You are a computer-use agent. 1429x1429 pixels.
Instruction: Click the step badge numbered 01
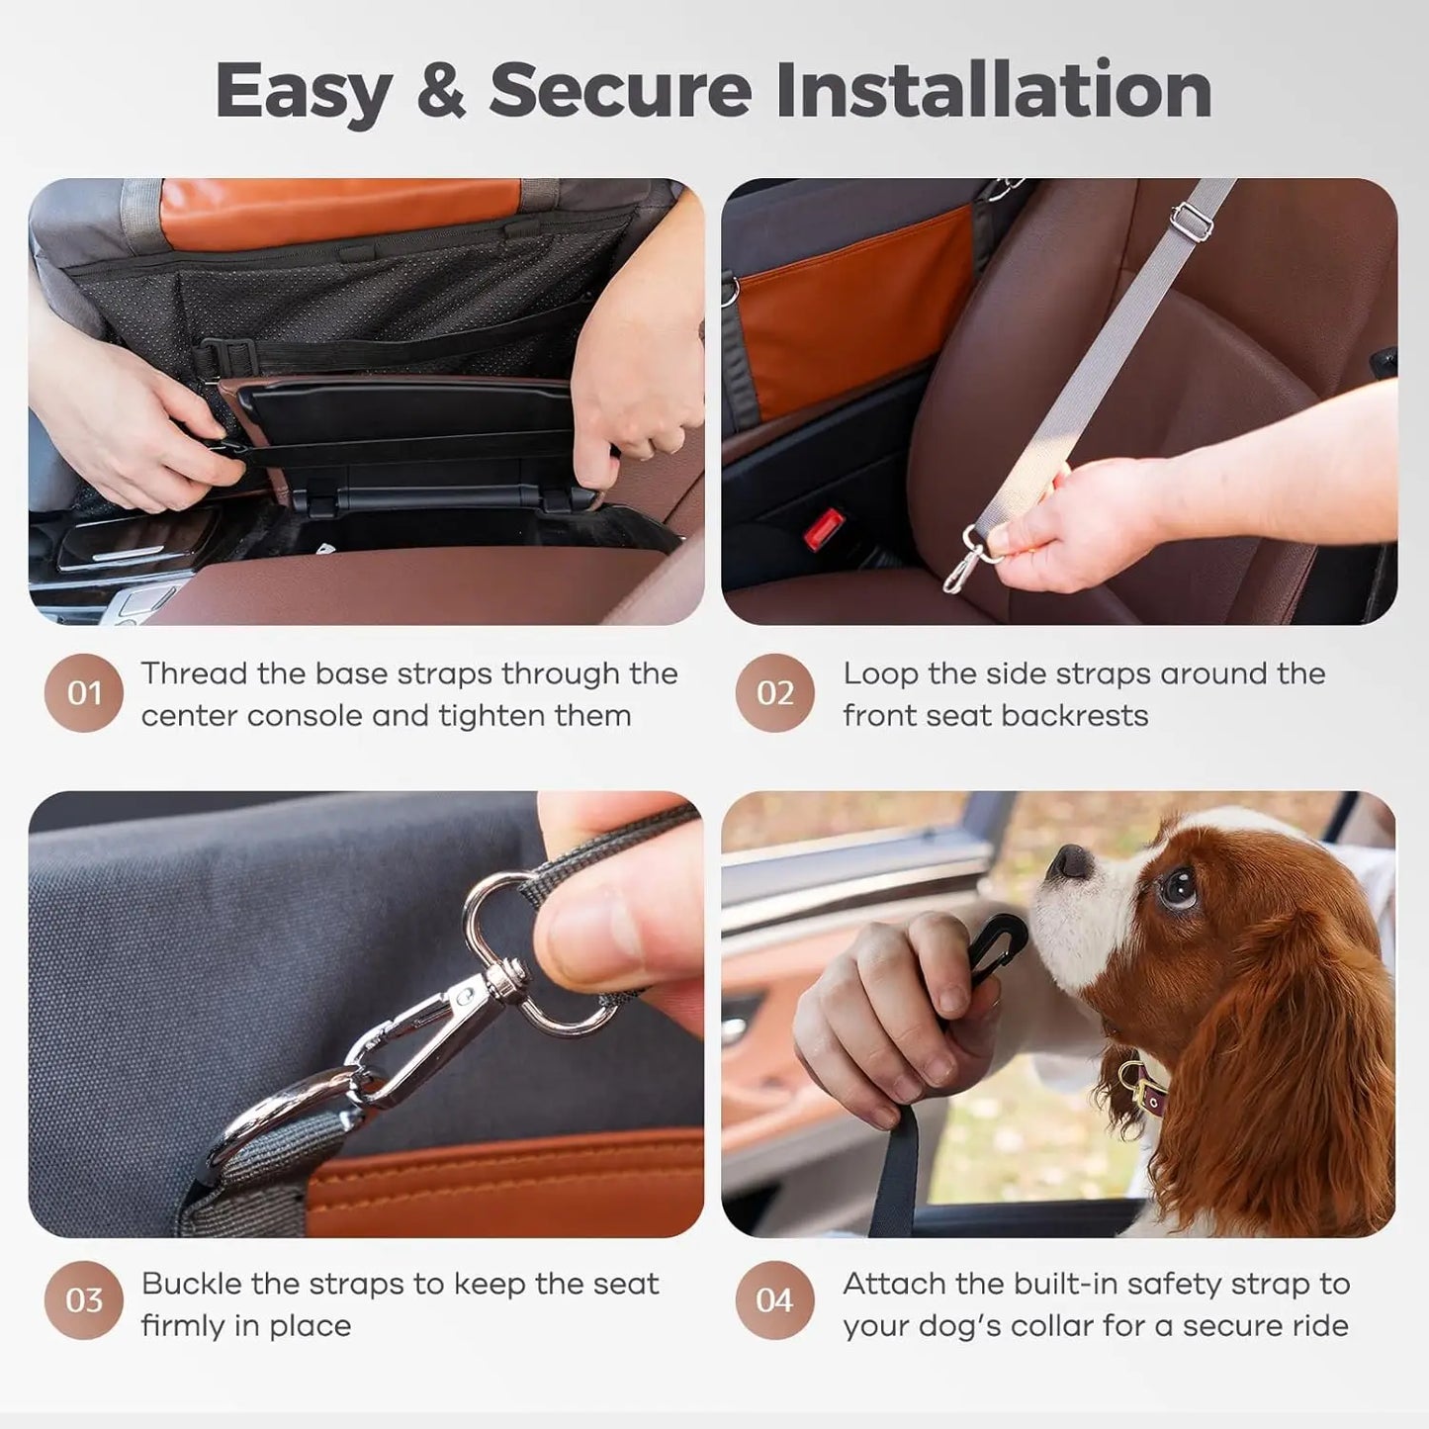tap(84, 692)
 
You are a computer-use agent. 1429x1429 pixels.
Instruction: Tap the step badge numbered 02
tap(775, 692)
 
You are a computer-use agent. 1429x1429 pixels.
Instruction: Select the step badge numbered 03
tap(84, 1299)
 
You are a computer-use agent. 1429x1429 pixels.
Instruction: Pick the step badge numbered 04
tap(775, 1299)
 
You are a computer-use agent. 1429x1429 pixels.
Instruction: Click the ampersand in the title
tap(440, 91)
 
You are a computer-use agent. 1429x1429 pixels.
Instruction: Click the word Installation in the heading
tap(994, 91)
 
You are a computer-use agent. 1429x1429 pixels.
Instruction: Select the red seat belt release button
tap(824, 529)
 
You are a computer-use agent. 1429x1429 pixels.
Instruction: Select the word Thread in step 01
tap(194, 673)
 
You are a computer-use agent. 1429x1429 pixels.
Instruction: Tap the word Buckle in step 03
tap(191, 1284)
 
